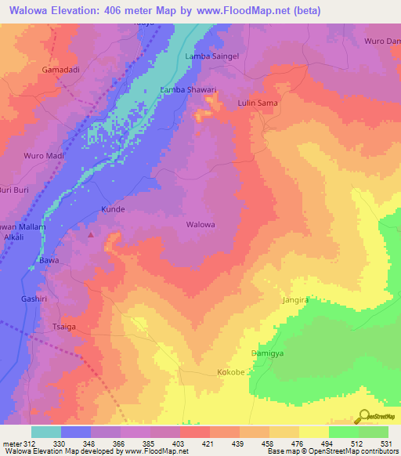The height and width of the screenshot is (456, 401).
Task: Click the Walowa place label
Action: tap(200, 224)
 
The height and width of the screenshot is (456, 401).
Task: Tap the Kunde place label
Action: tap(113, 210)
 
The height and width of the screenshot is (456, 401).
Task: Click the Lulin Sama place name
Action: tap(258, 103)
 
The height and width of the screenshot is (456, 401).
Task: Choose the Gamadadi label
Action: tap(60, 70)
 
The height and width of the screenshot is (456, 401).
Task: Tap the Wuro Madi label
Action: tap(44, 155)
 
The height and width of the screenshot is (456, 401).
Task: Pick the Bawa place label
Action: tap(49, 259)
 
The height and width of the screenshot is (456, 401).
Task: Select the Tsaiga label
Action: tap(63, 326)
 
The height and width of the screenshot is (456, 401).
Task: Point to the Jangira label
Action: tap(296, 300)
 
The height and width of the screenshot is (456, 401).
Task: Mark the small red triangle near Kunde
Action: tap(92, 233)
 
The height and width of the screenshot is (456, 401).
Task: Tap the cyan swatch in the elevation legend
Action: tap(45, 432)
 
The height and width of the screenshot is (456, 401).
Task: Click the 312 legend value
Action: tap(30, 443)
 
